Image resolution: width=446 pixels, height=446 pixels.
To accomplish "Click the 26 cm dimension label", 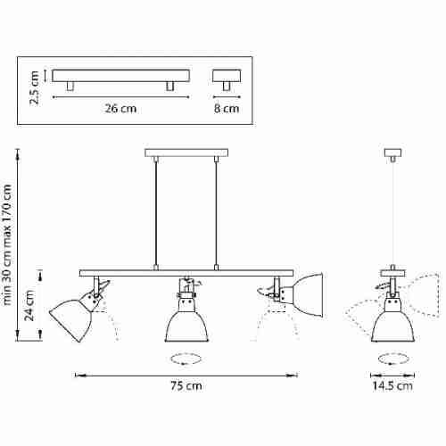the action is click(x=120, y=108).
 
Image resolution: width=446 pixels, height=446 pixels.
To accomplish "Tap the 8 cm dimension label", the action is click(x=227, y=108).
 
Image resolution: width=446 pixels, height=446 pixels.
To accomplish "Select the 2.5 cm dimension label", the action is click(x=35, y=87).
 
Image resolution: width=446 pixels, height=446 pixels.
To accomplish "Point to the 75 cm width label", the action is click(x=186, y=385).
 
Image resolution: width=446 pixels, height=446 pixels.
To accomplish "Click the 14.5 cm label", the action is click(x=392, y=385).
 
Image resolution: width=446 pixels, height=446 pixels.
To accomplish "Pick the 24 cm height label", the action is click(x=29, y=305).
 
